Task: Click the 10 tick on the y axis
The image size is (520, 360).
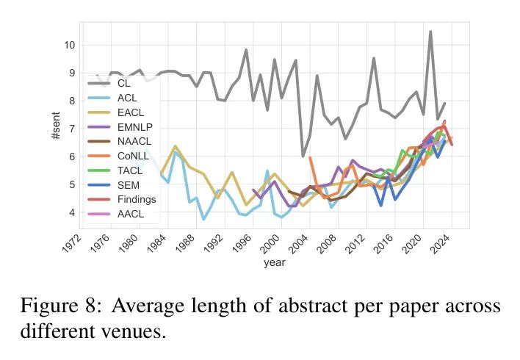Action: tap(69, 45)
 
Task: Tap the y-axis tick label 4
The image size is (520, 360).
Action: tap(71, 213)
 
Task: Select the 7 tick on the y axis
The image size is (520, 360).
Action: tap(71, 129)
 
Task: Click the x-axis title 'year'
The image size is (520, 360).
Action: tap(275, 263)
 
